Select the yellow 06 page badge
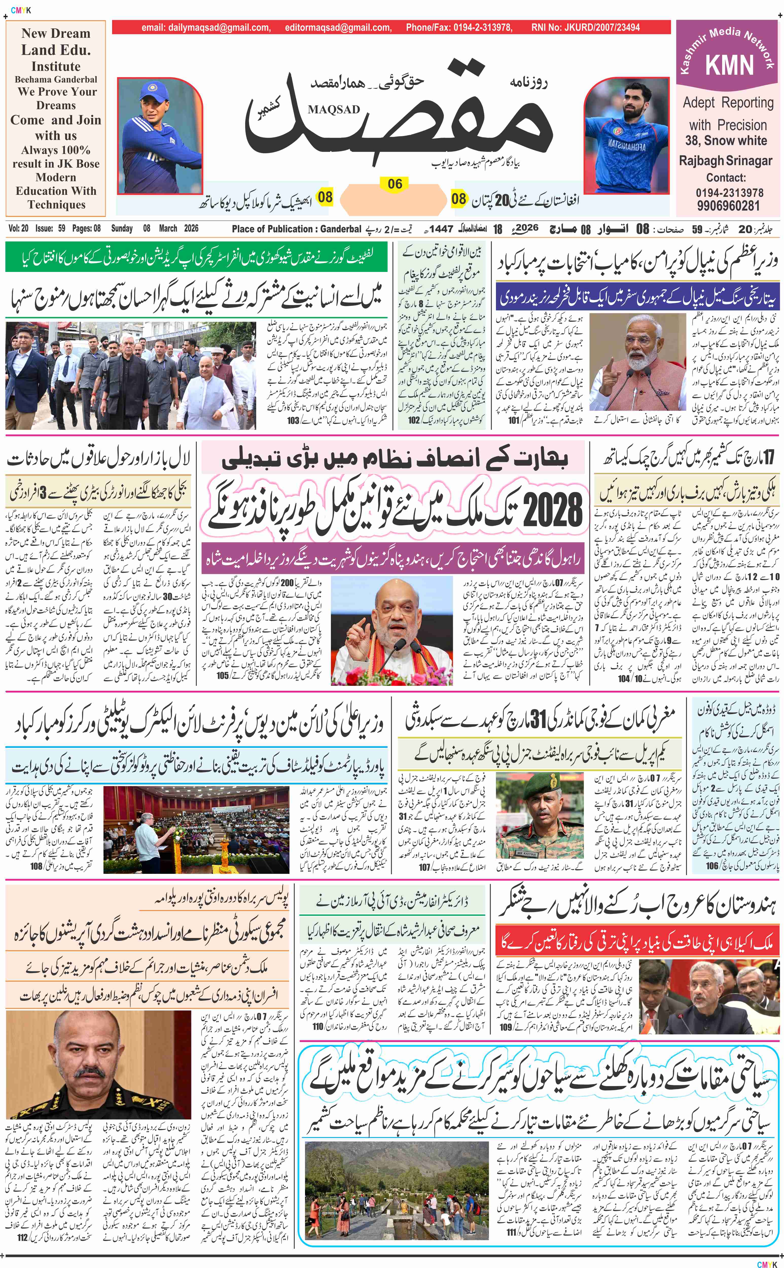395,184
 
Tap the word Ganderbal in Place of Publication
341,229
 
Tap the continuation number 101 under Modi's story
514,420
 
